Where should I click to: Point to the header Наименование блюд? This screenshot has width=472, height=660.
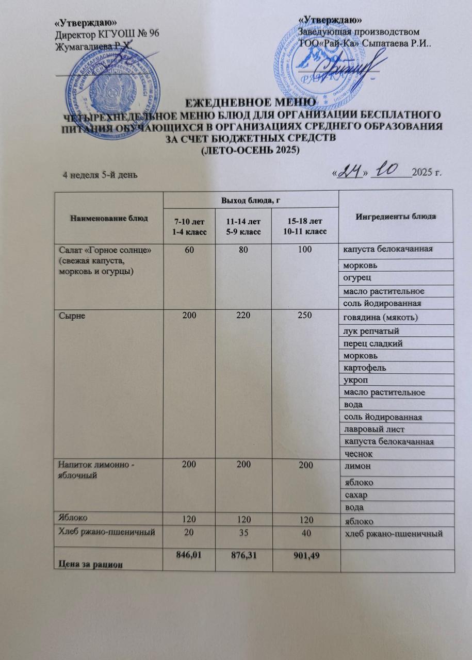point(106,218)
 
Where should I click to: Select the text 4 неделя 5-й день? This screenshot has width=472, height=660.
point(100,175)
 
